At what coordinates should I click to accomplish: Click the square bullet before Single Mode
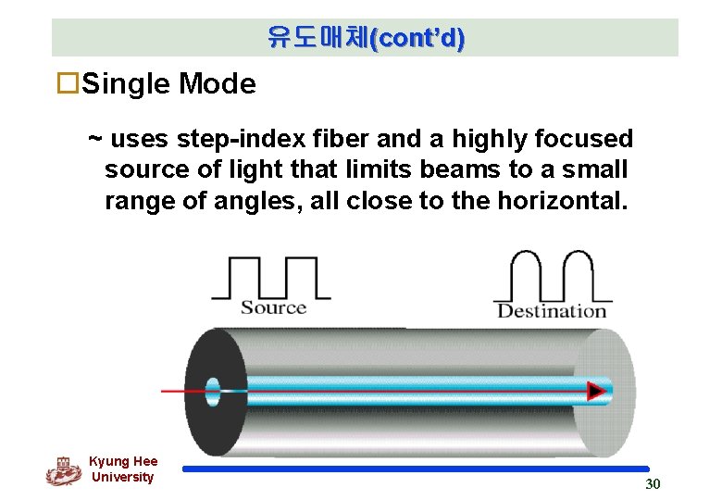67,84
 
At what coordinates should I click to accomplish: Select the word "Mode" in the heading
218,84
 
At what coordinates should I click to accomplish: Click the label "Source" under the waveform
273,307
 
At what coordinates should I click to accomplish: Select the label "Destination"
552,310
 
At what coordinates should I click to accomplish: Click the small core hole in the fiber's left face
215,390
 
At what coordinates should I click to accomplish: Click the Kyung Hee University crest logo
63,470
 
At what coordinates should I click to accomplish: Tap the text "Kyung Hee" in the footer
123,461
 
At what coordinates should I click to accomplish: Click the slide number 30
653,484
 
